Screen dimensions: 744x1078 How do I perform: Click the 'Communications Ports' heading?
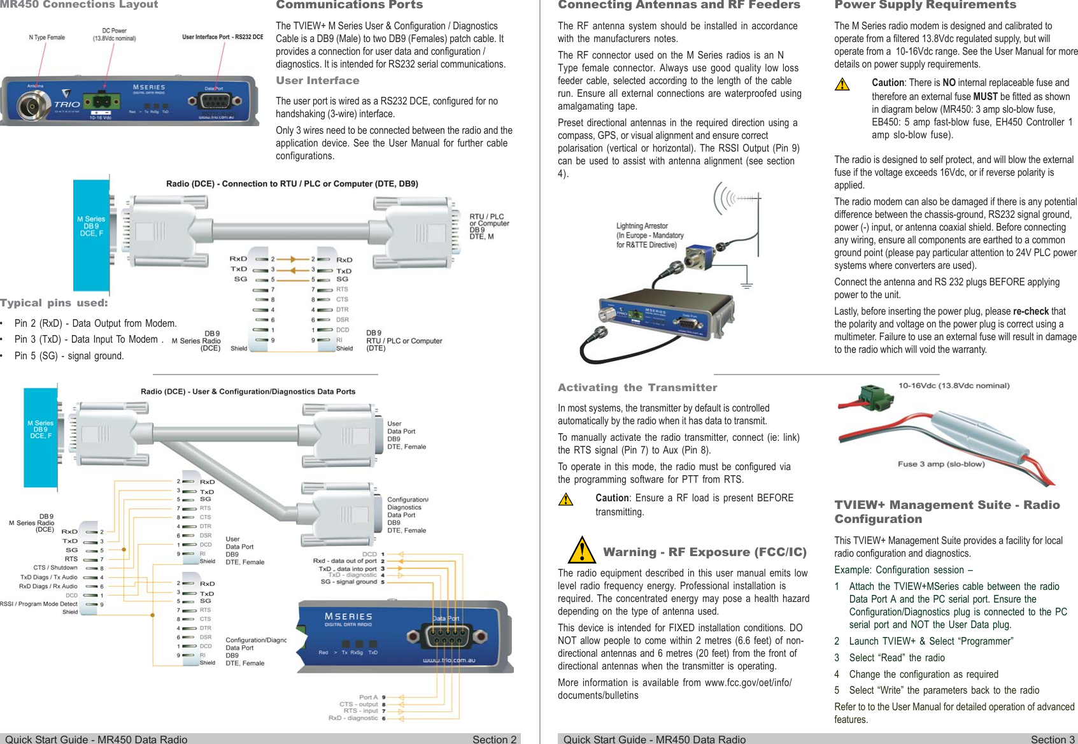pyautogui.click(x=349, y=5)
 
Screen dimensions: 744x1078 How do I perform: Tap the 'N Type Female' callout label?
pyautogui.click(x=46, y=38)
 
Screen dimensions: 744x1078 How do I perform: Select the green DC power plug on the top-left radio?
pyautogui.click(x=100, y=101)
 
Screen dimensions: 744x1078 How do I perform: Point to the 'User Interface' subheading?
pyautogui.click(x=317, y=81)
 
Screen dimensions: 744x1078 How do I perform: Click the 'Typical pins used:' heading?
pyautogui.click(x=54, y=303)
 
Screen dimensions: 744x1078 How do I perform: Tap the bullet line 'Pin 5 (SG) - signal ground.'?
pyautogui.click(x=69, y=356)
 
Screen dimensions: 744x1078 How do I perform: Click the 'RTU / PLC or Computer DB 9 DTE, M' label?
pyautogui.click(x=488, y=226)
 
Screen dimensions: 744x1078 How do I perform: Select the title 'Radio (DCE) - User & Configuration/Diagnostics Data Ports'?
pyautogui.click(x=248, y=392)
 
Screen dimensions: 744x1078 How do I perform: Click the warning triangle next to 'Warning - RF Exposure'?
pyautogui.click(x=581, y=550)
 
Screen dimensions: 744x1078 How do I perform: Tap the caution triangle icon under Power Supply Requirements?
pyautogui.click(x=842, y=84)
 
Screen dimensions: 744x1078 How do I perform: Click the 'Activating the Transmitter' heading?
pyautogui.click(x=637, y=388)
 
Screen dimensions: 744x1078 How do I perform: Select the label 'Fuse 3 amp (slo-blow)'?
pyautogui.click(x=940, y=464)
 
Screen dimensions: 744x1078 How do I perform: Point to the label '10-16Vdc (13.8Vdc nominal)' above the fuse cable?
pyautogui.click(x=953, y=385)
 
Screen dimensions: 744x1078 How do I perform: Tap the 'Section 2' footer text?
pyautogui.click(x=494, y=739)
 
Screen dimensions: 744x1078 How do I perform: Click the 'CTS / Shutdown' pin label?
pyautogui.click(x=55, y=568)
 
